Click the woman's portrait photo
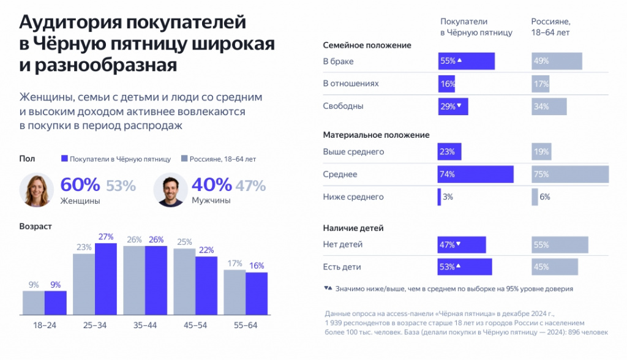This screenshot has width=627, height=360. pos(37,189)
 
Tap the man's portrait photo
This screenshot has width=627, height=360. pos(170,189)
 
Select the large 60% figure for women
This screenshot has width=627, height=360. pos(80,185)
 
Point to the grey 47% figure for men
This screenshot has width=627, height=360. pos(251,185)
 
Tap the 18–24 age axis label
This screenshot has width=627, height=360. pos(45,324)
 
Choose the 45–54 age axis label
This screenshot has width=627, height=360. pos(195,324)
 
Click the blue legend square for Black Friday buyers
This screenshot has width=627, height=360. pos(64,159)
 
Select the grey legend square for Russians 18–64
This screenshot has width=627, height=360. pos(184,159)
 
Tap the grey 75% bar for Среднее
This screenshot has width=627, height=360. pos(570,174)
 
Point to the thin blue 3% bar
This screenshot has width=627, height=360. pos(439,197)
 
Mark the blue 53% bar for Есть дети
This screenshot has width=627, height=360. pos(465,267)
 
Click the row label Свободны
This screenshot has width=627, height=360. pos(343,106)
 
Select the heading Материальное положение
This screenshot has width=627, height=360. pos(376,135)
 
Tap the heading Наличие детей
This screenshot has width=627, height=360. pos(353,228)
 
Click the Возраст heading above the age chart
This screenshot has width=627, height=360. pos(36,226)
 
